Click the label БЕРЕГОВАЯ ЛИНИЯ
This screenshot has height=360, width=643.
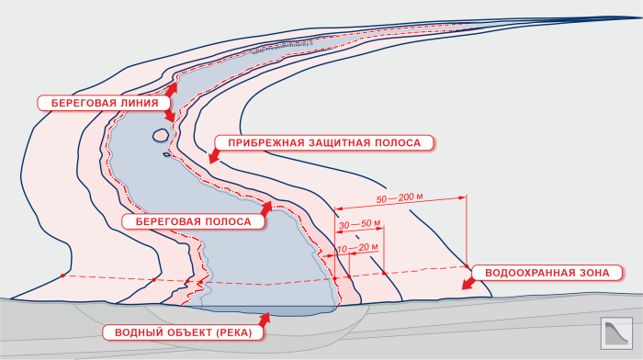(x=104, y=103)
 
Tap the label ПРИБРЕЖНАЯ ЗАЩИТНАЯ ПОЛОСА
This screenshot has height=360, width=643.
(x=324, y=142)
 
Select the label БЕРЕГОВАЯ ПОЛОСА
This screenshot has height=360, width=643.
(x=193, y=222)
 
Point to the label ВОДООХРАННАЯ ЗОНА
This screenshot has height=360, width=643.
(x=547, y=273)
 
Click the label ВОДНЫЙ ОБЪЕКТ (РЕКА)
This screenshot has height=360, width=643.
(x=184, y=332)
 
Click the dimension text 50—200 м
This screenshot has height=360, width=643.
(x=400, y=198)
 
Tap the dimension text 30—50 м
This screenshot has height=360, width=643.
(x=360, y=224)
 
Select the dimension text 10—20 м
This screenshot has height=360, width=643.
(x=357, y=248)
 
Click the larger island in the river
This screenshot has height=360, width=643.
(x=161, y=134)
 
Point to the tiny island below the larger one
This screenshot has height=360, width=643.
(x=166, y=154)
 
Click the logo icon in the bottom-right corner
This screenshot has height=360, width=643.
(x=616, y=333)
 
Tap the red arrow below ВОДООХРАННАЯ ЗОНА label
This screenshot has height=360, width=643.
(x=468, y=284)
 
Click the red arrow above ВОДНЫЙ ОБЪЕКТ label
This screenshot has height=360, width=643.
(x=265, y=320)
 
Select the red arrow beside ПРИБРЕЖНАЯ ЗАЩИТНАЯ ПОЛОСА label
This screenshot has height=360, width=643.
(x=214, y=157)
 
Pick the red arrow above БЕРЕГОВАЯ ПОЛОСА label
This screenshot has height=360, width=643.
(x=266, y=208)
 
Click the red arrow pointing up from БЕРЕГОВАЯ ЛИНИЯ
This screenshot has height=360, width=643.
(x=172, y=90)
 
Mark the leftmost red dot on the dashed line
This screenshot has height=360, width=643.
(x=62, y=276)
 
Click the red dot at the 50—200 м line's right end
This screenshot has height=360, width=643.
(x=467, y=266)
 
